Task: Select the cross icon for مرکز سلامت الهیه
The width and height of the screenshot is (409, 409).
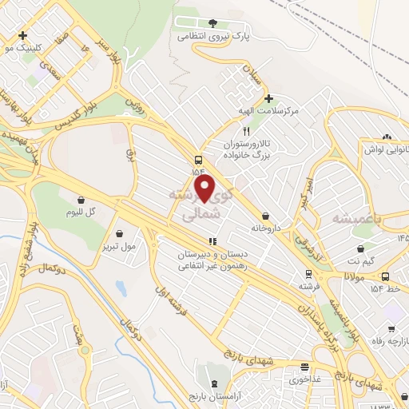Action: point(269,98)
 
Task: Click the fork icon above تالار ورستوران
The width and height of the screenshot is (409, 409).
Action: point(247,131)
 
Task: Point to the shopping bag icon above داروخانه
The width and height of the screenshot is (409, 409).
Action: point(265,216)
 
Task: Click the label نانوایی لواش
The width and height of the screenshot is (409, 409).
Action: point(386,149)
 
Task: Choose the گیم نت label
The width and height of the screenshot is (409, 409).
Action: point(367,260)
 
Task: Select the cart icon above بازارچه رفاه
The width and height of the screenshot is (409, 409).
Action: point(391,328)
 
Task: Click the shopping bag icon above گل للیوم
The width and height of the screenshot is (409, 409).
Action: point(81,200)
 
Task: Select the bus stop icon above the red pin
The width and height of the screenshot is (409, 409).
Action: point(198,158)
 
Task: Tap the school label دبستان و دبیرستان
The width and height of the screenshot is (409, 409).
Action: point(212,254)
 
